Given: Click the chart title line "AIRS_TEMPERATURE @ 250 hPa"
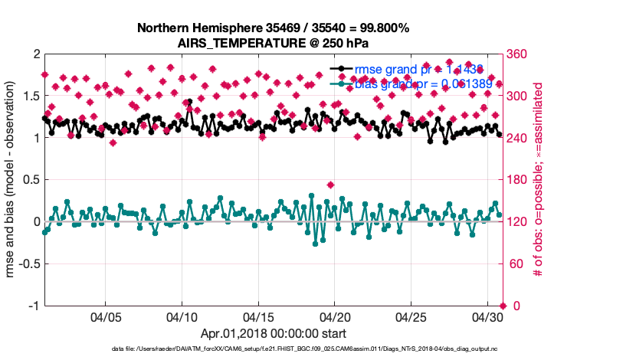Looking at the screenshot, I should [x=273, y=42].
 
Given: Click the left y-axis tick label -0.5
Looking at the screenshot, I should [x=28, y=264].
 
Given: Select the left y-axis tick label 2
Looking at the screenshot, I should [x=36, y=54].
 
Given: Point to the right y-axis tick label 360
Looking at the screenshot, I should [x=516, y=54].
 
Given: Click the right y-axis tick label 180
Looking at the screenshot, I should [x=516, y=180].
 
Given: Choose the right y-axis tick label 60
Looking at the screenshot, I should [x=513, y=264].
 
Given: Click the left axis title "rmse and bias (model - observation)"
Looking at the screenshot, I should [x=12, y=180].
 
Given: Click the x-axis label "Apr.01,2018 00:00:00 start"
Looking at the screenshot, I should [x=273, y=334].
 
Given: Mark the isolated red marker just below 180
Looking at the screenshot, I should [x=330, y=185].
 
